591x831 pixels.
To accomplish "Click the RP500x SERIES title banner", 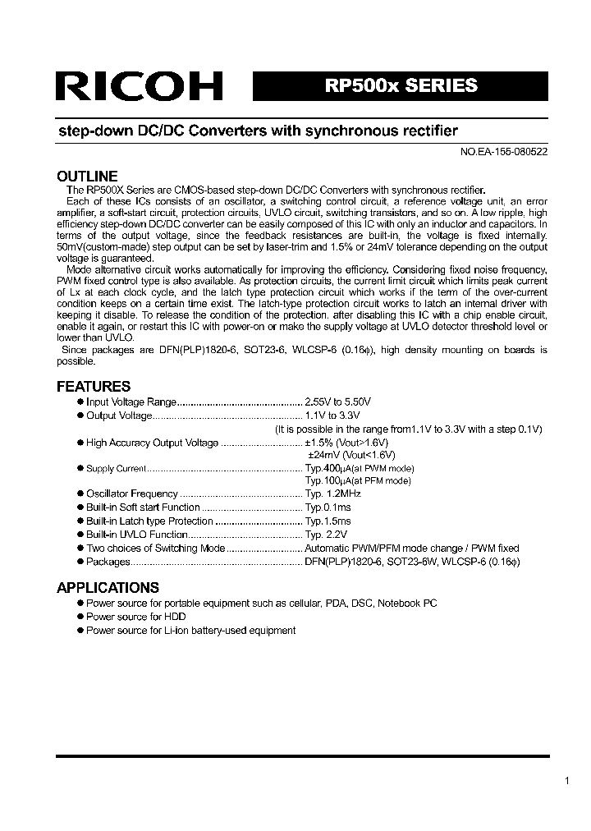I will click(401, 86).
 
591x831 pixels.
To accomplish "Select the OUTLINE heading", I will click(86, 176).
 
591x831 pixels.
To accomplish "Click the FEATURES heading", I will click(93, 387).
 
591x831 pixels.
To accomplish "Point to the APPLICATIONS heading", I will click(108, 588).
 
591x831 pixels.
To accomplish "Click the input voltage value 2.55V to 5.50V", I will click(338, 402).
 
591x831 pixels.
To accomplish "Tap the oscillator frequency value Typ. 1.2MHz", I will click(332, 494).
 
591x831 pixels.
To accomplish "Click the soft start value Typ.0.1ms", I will click(328, 507).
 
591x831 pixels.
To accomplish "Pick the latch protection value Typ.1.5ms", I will click(328, 521).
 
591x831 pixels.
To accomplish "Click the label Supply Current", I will click(116, 469).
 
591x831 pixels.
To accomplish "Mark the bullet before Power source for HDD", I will click(80, 617).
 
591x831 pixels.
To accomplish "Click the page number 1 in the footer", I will click(566, 782).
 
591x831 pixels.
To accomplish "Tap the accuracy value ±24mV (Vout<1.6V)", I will click(351, 454).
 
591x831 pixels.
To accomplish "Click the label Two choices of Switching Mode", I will click(155, 549).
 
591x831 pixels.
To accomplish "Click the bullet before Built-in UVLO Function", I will click(80, 535).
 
